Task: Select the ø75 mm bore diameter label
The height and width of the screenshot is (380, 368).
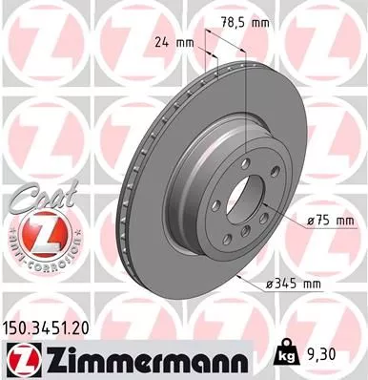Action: pos(331,221)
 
